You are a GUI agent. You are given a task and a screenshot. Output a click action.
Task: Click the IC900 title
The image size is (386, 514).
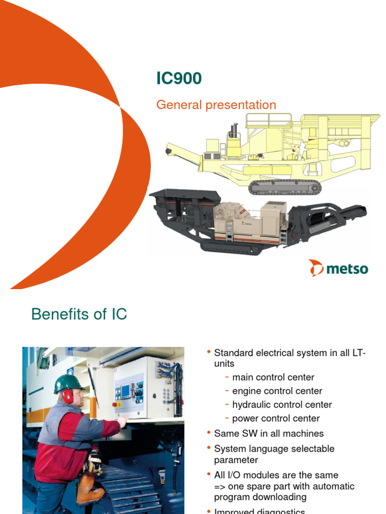(179, 78)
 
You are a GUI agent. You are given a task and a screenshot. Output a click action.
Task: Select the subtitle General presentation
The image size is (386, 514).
(216, 105)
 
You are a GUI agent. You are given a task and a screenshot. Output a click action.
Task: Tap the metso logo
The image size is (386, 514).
(338, 269)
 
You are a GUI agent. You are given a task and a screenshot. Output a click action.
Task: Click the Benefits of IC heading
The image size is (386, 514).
(79, 315)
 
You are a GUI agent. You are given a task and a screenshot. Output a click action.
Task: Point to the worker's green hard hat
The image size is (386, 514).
(68, 383)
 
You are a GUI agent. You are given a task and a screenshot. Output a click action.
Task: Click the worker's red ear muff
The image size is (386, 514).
(68, 396)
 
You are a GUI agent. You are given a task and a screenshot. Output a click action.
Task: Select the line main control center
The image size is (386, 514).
(273, 377)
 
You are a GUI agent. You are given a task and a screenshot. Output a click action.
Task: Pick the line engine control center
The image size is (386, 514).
(277, 391)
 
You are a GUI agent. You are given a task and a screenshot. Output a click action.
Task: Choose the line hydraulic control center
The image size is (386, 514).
(282, 405)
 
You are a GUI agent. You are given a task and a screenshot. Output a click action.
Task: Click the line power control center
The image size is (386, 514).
(275, 418)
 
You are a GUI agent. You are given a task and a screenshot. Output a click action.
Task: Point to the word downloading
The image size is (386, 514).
(282, 497)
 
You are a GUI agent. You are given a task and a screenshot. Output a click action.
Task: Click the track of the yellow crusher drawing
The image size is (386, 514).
(284, 187)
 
